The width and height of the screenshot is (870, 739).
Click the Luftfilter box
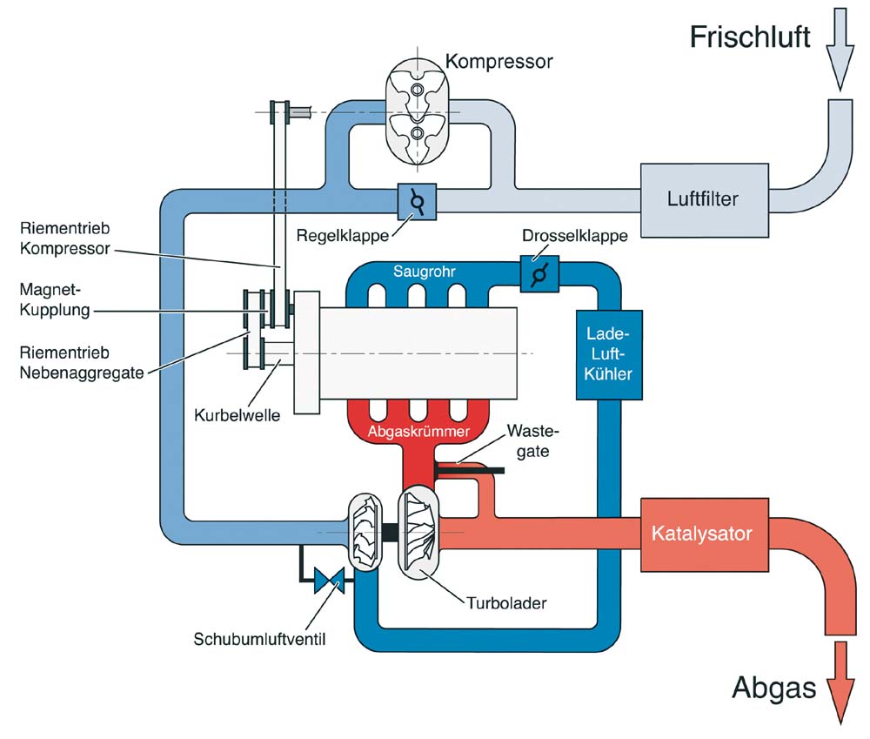705,200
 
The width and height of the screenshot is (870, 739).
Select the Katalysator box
705,534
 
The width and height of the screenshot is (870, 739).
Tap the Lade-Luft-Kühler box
609,355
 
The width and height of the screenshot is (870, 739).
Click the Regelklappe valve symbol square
418,202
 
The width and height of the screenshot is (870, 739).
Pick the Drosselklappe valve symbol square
539,274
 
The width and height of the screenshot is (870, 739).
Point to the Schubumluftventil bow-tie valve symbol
329,581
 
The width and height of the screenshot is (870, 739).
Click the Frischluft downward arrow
840,49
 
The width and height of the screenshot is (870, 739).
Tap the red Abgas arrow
841,682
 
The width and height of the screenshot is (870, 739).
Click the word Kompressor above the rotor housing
499,61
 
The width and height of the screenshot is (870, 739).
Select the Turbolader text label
506,603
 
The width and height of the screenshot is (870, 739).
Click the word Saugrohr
424,272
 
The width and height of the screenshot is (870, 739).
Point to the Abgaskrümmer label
418,432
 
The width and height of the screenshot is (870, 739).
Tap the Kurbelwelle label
237,415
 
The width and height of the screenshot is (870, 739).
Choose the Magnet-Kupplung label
54,299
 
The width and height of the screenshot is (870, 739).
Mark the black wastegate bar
470,471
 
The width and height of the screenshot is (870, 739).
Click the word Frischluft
750,37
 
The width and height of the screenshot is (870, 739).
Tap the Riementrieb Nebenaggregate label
82,363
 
